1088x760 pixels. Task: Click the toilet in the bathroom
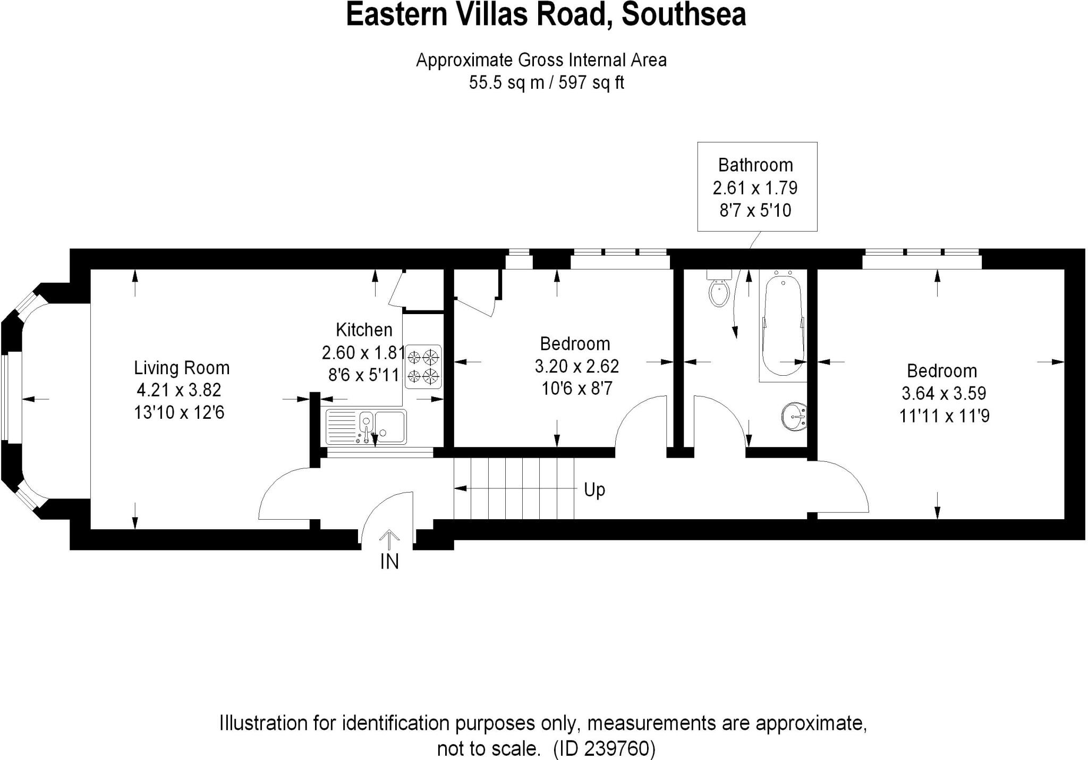[x=719, y=292]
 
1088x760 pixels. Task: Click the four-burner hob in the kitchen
[x=423, y=366]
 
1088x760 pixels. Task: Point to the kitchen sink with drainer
[x=366, y=427]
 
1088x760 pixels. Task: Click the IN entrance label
[x=389, y=562]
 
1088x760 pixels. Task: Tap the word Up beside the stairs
[x=594, y=489]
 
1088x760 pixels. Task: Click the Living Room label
[x=182, y=368]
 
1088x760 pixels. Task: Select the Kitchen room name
[x=364, y=330]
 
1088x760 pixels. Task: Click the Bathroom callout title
[x=755, y=165]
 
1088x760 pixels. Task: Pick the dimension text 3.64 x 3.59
[x=943, y=393]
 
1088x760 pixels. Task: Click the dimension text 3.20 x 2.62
[x=576, y=366]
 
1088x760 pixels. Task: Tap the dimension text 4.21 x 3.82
[x=178, y=390]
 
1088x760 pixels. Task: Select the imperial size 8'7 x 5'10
[x=755, y=211]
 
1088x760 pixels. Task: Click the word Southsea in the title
[x=684, y=15]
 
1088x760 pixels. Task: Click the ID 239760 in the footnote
[x=605, y=748]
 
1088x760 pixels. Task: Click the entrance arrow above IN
[x=389, y=539]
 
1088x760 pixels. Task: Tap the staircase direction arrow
[x=515, y=488]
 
